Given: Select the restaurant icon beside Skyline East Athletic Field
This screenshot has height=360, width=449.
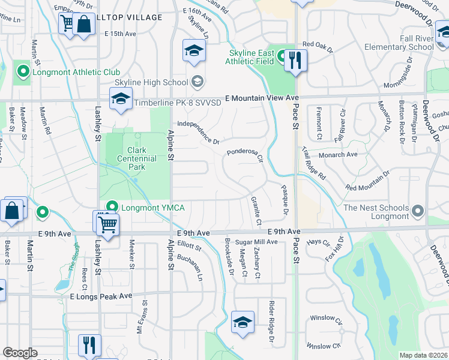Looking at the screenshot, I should point(295,61).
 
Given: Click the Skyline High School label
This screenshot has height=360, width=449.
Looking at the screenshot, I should point(151,82).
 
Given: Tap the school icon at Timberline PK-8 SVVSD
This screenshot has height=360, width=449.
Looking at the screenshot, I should point(121,99).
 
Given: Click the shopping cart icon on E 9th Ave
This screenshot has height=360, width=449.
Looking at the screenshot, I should point(107,224).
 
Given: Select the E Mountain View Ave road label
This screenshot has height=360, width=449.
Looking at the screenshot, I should point(262,98).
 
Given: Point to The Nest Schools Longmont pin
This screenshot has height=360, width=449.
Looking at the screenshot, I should point(419,211).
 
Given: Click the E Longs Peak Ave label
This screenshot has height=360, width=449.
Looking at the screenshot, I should point(101,296).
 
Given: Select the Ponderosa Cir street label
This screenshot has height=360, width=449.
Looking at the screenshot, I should point(245,155).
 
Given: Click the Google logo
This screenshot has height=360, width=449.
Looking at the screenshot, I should point(20,353).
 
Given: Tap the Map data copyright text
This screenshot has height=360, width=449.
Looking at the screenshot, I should point(423,355).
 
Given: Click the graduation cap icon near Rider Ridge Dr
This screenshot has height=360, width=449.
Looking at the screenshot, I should point(243,323).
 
